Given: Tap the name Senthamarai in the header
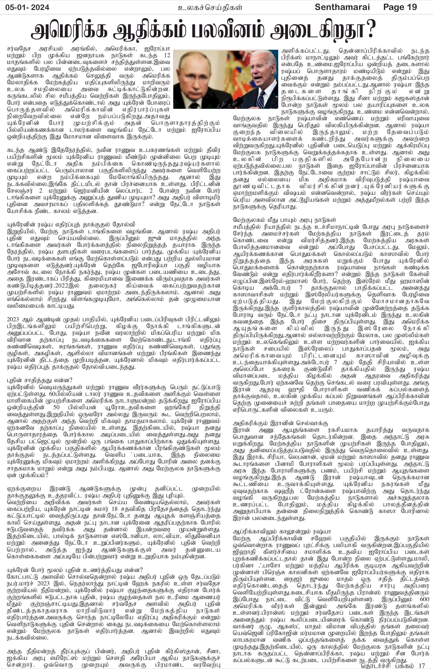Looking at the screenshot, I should click(342, 7).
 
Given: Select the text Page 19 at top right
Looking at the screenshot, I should click(400, 7).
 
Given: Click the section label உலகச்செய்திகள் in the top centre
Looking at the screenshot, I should click(210, 8).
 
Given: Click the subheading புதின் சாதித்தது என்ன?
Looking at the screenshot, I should click(39, 380).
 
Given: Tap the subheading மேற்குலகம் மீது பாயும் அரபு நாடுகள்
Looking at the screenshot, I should click(284, 220).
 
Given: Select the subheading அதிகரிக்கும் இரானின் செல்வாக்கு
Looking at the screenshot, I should click(276, 423).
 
